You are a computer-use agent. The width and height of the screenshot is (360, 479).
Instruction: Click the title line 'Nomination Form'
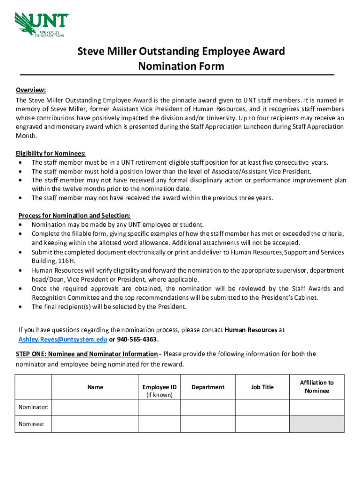(x=181, y=66)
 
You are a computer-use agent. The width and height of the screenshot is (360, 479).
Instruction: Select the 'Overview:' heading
(x=31, y=90)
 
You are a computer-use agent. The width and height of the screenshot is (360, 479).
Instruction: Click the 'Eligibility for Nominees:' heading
(x=51, y=153)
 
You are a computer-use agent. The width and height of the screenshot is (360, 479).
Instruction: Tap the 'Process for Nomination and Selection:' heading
(x=74, y=216)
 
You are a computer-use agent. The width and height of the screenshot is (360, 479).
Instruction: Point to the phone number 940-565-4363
(x=139, y=339)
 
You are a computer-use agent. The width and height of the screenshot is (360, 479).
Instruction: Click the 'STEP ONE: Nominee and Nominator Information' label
(x=86, y=354)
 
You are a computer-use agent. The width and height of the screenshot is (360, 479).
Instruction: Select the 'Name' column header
(x=95, y=387)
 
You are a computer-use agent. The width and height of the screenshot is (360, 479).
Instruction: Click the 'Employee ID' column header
(x=159, y=387)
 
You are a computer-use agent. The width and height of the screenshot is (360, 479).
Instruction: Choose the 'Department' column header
(x=208, y=387)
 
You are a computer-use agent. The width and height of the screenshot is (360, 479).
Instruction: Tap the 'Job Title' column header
(x=262, y=387)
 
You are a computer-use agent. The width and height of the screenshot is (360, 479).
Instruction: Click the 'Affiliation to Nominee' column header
(x=317, y=386)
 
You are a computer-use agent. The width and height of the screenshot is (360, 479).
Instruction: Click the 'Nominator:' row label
(x=33, y=407)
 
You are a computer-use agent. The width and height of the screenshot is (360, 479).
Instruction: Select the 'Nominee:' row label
(x=31, y=424)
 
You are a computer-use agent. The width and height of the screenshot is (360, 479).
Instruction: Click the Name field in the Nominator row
(x=95, y=407)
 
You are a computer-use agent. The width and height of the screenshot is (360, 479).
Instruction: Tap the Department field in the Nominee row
(x=208, y=424)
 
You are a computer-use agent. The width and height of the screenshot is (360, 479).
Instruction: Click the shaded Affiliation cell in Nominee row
(x=317, y=424)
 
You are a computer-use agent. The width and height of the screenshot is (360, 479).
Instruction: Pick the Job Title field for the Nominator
(x=262, y=407)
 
